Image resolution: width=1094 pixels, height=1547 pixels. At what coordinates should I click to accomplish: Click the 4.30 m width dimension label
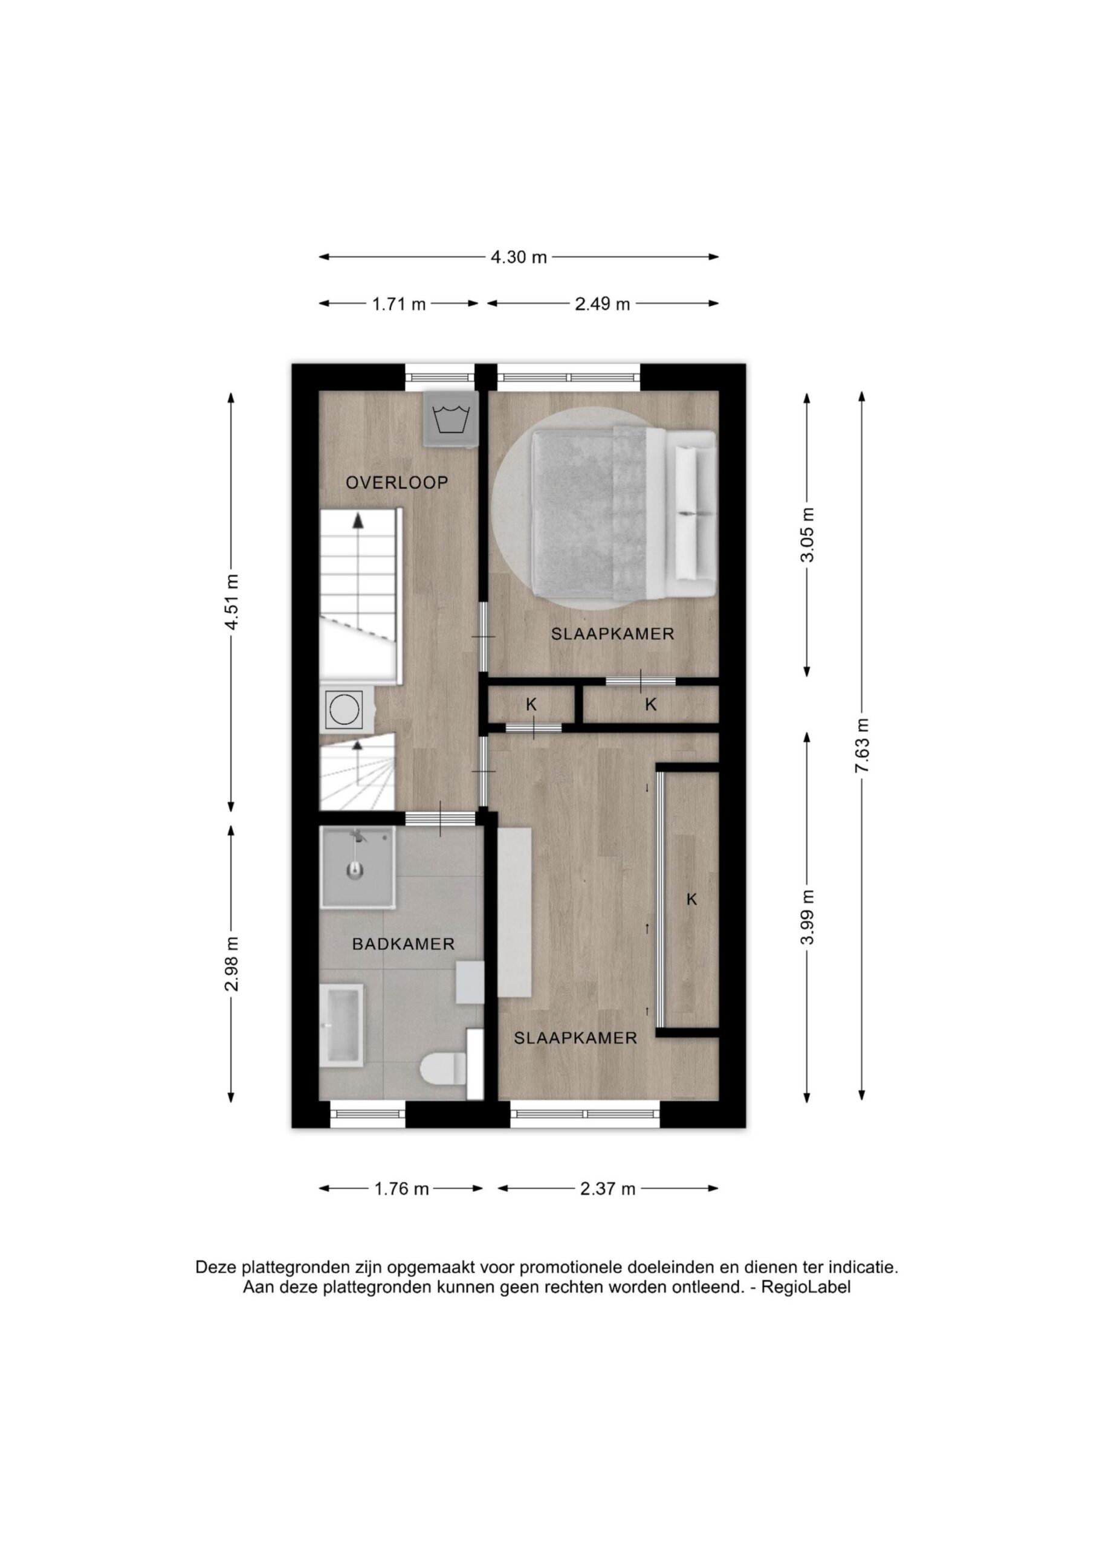pyautogui.click(x=519, y=257)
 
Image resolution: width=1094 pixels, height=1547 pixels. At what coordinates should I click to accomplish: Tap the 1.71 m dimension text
pyautogui.click(x=399, y=304)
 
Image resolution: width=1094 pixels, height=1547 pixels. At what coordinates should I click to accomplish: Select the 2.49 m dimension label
pyautogui.click(x=602, y=304)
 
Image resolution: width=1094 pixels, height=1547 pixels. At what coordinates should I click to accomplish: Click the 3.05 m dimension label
pyautogui.click(x=808, y=534)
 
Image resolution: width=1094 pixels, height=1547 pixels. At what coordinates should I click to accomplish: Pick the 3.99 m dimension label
pyautogui.click(x=808, y=917)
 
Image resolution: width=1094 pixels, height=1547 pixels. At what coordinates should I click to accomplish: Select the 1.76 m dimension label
pyautogui.click(x=402, y=1189)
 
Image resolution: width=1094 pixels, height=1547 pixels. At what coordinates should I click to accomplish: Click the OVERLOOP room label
pyautogui.click(x=397, y=482)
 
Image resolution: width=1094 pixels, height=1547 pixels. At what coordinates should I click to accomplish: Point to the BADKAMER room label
pyautogui.click(x=403, y=945)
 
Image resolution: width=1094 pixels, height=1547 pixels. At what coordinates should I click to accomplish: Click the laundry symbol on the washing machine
pyautogui.click(x=451, y=419)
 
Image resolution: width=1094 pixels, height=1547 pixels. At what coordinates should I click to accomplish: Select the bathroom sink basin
pyautogui.click(x=343, y=1025)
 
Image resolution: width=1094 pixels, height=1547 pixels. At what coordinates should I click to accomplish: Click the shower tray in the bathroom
pyautogui.click(x=357, y=868)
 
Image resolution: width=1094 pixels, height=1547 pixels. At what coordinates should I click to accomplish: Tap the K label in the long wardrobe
pyautogui.click(x=691, y=899)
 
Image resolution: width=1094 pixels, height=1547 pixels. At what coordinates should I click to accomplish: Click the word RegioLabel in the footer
pyautogui.click(x=806, y=1287)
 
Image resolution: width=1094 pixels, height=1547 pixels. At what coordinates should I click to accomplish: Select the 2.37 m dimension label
pyautogui.click(x=607, y=1189)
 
